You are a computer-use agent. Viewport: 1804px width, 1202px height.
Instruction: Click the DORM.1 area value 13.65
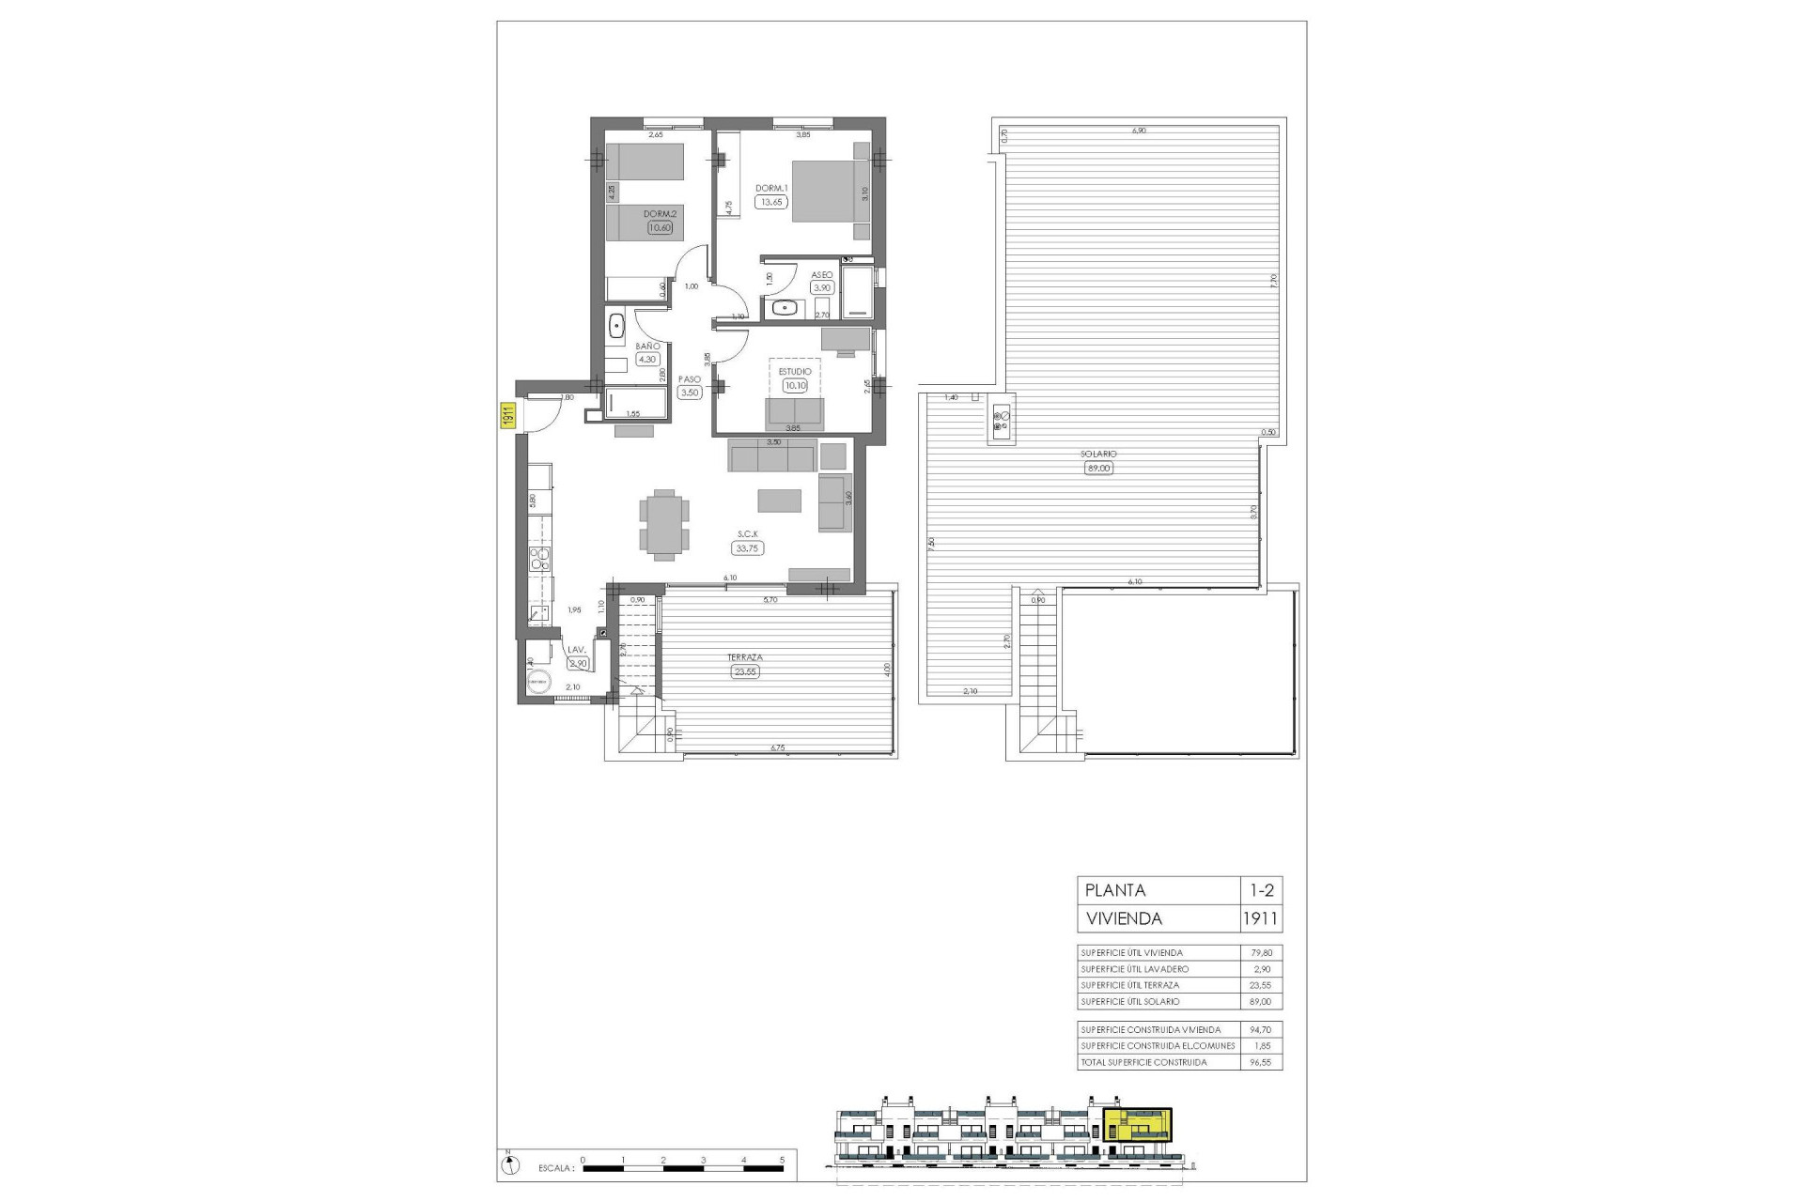coord(771,201)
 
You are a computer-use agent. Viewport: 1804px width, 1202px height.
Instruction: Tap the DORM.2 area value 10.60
coord(661,226)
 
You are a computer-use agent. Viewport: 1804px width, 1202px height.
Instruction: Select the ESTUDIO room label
coord(795,372)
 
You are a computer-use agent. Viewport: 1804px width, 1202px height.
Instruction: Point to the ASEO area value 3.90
coord(822,288)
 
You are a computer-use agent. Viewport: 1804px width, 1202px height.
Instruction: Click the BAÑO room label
coord(648,347)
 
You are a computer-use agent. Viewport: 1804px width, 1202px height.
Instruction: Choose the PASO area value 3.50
coord(691,393)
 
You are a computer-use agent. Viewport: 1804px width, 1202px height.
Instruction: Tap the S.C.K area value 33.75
coord(749,548)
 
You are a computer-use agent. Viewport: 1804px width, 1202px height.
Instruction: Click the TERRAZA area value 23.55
coord(744,671)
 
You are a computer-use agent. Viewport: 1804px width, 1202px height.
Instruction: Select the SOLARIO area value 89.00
coord(1097,468)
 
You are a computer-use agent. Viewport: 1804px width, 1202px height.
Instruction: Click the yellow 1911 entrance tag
coord(505,415)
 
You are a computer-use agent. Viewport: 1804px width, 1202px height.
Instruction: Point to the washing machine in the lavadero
coord(539,683)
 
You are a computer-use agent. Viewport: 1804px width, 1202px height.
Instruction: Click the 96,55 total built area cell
coord(1260,1062)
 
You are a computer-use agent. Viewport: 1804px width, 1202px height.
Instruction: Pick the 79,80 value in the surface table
coord(1260,952)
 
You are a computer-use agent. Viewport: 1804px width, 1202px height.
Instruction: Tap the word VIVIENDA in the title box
coord(1123,918)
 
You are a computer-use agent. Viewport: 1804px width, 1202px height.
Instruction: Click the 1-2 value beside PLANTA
coord(1260,890)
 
